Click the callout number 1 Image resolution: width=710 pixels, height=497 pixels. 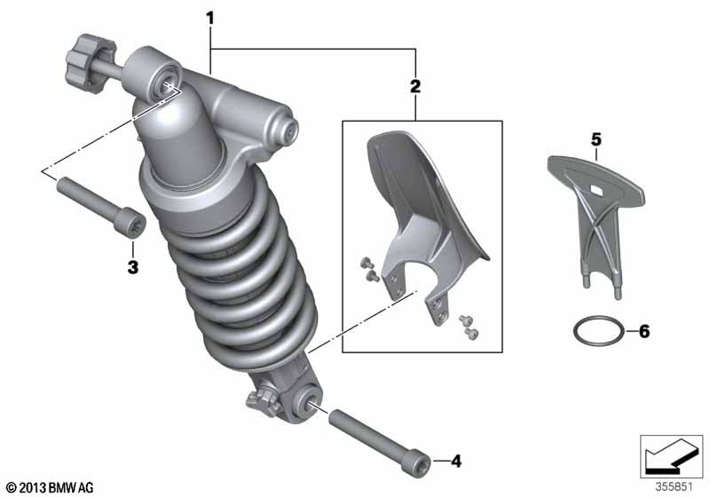click(x=209, y=19)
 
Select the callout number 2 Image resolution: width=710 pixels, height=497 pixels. click(x=414, y=86)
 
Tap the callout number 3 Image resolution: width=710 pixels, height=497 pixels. click(x=132, y=267)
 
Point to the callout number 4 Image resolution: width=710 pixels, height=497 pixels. click(x=456, y=461)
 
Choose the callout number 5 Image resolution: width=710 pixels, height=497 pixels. click(x=596, y=140)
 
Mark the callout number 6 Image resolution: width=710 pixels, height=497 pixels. click(x=644, y=331)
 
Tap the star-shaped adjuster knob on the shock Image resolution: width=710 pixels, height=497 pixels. click(x=91, y=63)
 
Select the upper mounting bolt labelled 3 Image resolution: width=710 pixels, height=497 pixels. click(x=101, y=208)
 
